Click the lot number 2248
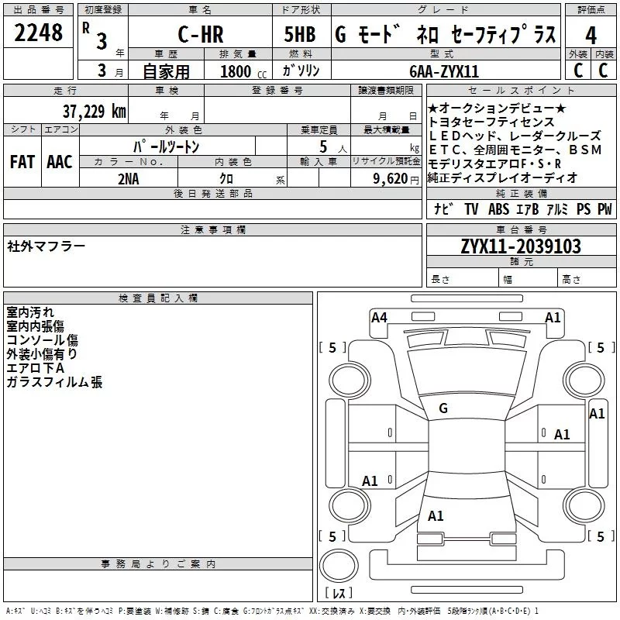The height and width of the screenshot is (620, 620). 39,33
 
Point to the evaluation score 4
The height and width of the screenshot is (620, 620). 591,36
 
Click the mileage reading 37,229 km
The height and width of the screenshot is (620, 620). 94,112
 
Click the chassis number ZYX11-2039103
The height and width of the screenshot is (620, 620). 521,246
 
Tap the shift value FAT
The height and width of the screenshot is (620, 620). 22,162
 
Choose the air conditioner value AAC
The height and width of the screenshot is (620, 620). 59,162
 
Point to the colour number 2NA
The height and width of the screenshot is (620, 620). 129,177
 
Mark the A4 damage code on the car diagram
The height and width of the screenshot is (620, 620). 379,317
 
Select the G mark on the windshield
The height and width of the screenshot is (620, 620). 443,408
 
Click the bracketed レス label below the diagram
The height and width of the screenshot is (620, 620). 338,593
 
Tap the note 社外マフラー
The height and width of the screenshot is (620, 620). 46,246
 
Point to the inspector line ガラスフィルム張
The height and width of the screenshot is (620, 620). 54,382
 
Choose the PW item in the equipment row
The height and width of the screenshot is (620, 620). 604,209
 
